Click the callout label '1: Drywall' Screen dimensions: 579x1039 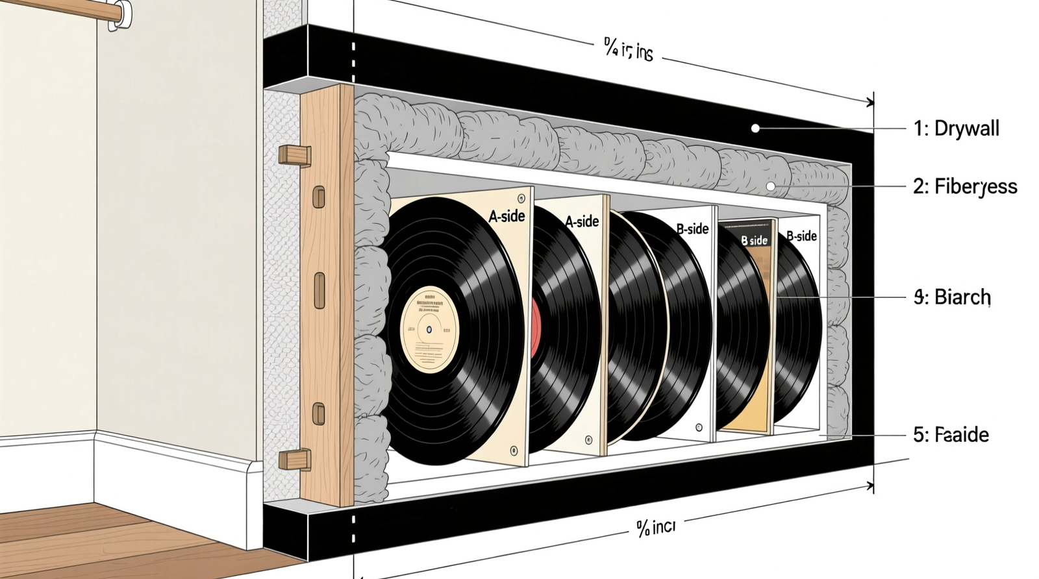[956, 129]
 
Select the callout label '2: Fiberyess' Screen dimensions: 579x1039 [965, 187]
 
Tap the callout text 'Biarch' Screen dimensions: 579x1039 [962, 297]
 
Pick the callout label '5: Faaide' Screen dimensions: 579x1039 [951, 434]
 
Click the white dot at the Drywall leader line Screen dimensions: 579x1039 [755, 129]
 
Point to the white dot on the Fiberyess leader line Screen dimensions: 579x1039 [771, 186]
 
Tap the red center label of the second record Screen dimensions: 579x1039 [535, 328]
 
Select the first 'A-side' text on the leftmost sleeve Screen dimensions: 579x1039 [507, 216]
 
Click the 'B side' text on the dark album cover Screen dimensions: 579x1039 [755, 240]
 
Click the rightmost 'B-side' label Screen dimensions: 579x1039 [801, 236]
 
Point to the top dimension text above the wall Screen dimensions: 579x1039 [628, 50]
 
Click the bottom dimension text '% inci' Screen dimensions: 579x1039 [656, 528]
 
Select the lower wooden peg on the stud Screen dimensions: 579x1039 [294, 459]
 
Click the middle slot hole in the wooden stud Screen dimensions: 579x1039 [319, 290]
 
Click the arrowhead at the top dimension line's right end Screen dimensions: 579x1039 [870, 101]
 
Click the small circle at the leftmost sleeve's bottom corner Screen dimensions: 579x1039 [514, 450]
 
